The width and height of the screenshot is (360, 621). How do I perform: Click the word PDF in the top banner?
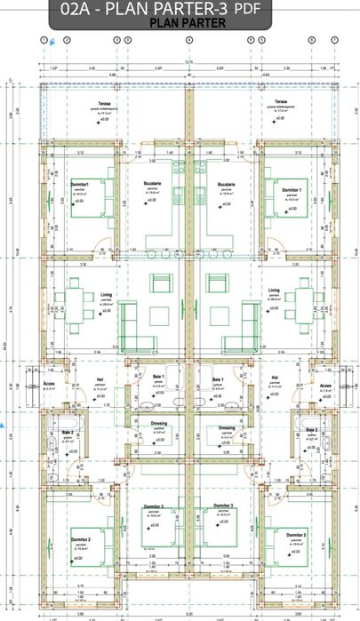250,9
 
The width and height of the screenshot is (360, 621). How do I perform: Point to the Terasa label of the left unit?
103,104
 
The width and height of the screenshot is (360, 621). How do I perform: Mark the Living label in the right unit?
275,290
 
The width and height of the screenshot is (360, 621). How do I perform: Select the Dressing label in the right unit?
227,427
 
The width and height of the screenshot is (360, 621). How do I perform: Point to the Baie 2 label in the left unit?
67,431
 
